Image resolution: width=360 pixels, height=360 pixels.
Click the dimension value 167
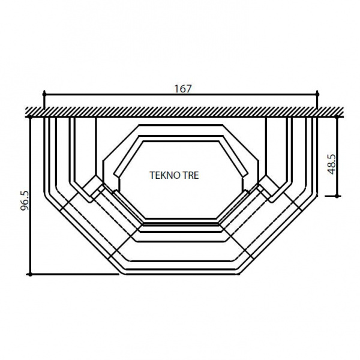(183, 89)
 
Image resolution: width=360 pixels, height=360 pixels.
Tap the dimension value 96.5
(25, 200)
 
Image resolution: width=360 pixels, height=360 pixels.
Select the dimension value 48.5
(332, 164)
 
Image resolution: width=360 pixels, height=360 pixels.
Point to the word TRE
(190, 175)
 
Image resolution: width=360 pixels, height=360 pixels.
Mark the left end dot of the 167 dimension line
(44, 94)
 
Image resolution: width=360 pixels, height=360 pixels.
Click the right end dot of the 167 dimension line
(317, 94)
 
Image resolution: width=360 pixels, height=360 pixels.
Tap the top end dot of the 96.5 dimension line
(30, 117)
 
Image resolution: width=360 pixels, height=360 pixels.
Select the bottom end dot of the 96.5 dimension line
(30, 274)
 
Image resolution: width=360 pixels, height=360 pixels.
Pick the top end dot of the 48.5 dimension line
(337, 117)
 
